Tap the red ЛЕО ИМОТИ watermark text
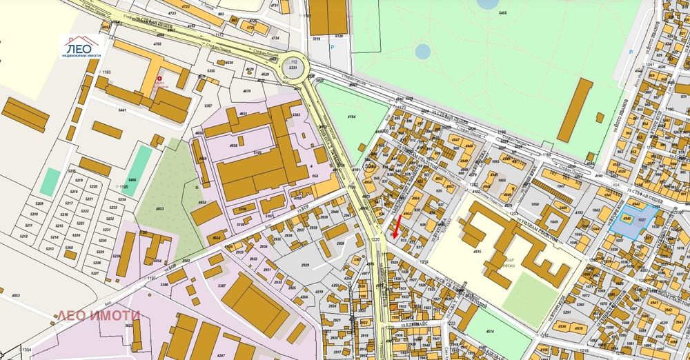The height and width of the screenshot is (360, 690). point(97,316)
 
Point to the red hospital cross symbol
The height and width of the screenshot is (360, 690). point(160,79)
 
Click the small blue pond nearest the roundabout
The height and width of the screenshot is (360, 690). point(422,51)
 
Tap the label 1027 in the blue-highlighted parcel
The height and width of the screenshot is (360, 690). point(642,219)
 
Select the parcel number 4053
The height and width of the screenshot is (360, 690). point(14,294)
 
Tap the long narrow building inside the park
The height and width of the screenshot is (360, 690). point(575,110)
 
